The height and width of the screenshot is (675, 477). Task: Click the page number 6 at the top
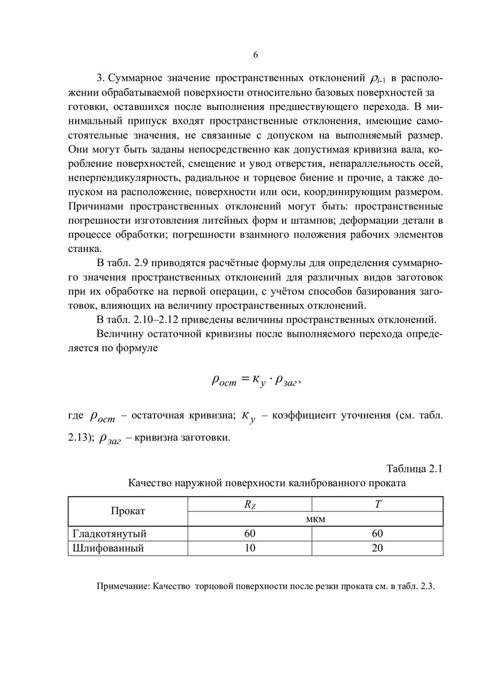pos(255,55)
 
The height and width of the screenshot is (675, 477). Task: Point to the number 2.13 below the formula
pos(79,437)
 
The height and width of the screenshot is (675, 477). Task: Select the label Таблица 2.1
pos(415,469)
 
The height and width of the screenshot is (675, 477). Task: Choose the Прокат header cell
pos(128,511)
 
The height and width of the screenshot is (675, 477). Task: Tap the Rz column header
pos(249,504)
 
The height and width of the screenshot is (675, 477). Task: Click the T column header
pos(378,504)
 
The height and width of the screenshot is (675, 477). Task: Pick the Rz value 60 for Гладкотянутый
pos(249,533)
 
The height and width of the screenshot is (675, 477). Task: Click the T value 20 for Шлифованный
pos(378,548)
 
